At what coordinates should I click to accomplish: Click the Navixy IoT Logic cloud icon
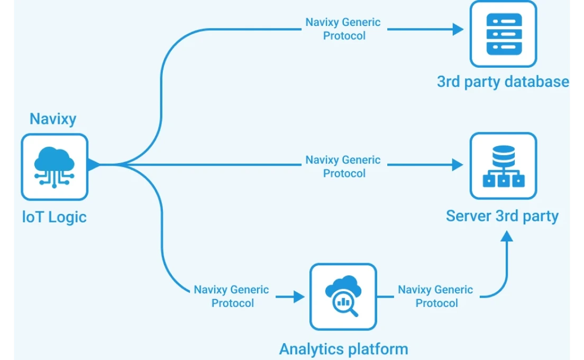[x=54, y=167]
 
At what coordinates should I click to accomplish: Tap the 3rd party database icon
[x=503, y=34]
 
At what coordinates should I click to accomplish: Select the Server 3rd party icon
[x=503, y=166]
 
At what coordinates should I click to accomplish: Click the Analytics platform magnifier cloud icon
[x=343, y=297]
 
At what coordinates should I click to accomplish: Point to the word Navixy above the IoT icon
[x=53, y=119]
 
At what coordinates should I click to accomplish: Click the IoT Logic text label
[x=54, y=217]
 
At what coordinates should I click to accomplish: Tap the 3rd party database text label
[x=503, y=82]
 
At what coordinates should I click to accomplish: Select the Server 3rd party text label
[x=502, y=216]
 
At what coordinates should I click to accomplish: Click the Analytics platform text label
[x=343, y=349]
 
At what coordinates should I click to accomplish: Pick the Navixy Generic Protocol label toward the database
[x=343, y=29]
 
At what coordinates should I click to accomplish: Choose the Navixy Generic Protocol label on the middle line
[x=343, y=166]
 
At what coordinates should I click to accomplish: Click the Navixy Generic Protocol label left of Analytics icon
[x=232, y=296]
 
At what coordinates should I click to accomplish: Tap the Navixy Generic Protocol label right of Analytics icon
[x=435, y=296]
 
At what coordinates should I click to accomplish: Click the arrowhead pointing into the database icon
[x=458, y=29]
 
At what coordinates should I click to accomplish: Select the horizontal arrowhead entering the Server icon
[x=458, y=165]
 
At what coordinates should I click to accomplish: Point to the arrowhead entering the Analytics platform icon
[x=299, y=296]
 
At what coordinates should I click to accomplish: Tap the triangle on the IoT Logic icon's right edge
[x=94, y=165]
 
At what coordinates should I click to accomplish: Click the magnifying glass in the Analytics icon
[x=345, y=304]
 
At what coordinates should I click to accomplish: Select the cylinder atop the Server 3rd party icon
[x=503, y=155]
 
